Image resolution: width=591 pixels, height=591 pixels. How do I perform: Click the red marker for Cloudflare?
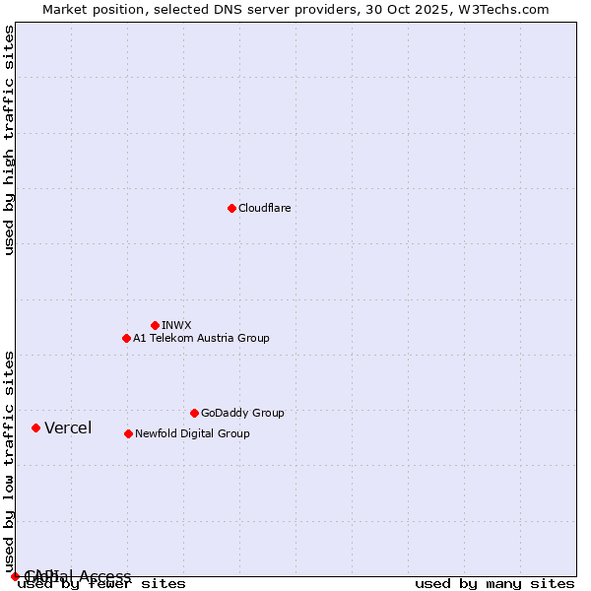point(231,208)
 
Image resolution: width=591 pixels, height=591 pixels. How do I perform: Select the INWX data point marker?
point(155,325)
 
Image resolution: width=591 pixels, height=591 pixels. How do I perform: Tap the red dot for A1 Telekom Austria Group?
point(126,338)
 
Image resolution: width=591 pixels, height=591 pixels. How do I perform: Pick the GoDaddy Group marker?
point(194,413)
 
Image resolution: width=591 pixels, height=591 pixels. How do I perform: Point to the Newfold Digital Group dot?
point(128,433)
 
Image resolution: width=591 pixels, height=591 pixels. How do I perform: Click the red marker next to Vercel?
point(35,427)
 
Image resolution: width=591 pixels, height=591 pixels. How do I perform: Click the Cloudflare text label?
point(264,208)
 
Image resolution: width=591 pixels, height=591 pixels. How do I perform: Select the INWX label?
point(176,325)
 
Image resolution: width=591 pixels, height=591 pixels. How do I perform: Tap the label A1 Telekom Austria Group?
point(201,338)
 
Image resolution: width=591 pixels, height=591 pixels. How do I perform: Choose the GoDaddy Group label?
point(242,413)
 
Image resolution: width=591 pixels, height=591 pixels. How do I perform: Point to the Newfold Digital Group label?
point(192,433)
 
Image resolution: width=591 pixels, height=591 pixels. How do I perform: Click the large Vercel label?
point(68,427)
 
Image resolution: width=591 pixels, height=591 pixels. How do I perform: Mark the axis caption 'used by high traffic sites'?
point(10,140)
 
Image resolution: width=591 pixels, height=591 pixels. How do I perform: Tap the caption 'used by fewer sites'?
point(101,583)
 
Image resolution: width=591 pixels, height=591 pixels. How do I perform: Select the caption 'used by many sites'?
point(494,583)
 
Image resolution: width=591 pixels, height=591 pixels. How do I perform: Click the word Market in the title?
point(65,9)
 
